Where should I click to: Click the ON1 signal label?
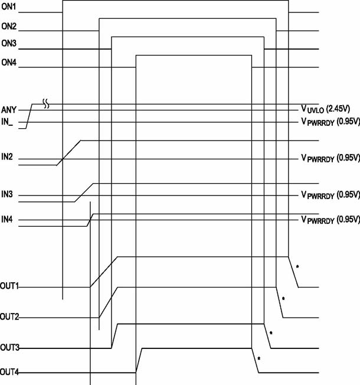click(9, 7)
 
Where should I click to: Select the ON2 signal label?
click(9, 26)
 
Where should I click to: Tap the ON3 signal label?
click(9, 43)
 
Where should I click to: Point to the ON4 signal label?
click(9, 63)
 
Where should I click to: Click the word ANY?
click(9, 110)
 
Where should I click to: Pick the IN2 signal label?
click(7, 156)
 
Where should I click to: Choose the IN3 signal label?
click(7, 194)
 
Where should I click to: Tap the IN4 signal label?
click(7, 219)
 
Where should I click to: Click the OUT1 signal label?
click(9, 286)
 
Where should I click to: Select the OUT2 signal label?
click(9, 317)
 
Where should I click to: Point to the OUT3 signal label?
click(9, 347)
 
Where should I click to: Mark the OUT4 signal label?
click(9, 372)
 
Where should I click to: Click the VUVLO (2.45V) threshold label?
click(325, 109)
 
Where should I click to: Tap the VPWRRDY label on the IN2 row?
click(330, 158)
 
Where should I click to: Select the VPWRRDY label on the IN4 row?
click(330, 220)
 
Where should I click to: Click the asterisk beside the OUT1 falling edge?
click(297, 266)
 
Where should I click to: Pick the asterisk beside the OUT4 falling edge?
click(259, 358)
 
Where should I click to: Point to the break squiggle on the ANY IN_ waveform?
click(46, 104)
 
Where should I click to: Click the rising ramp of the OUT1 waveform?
click(104, 272)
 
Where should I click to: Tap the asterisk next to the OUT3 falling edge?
click(271, 333)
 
